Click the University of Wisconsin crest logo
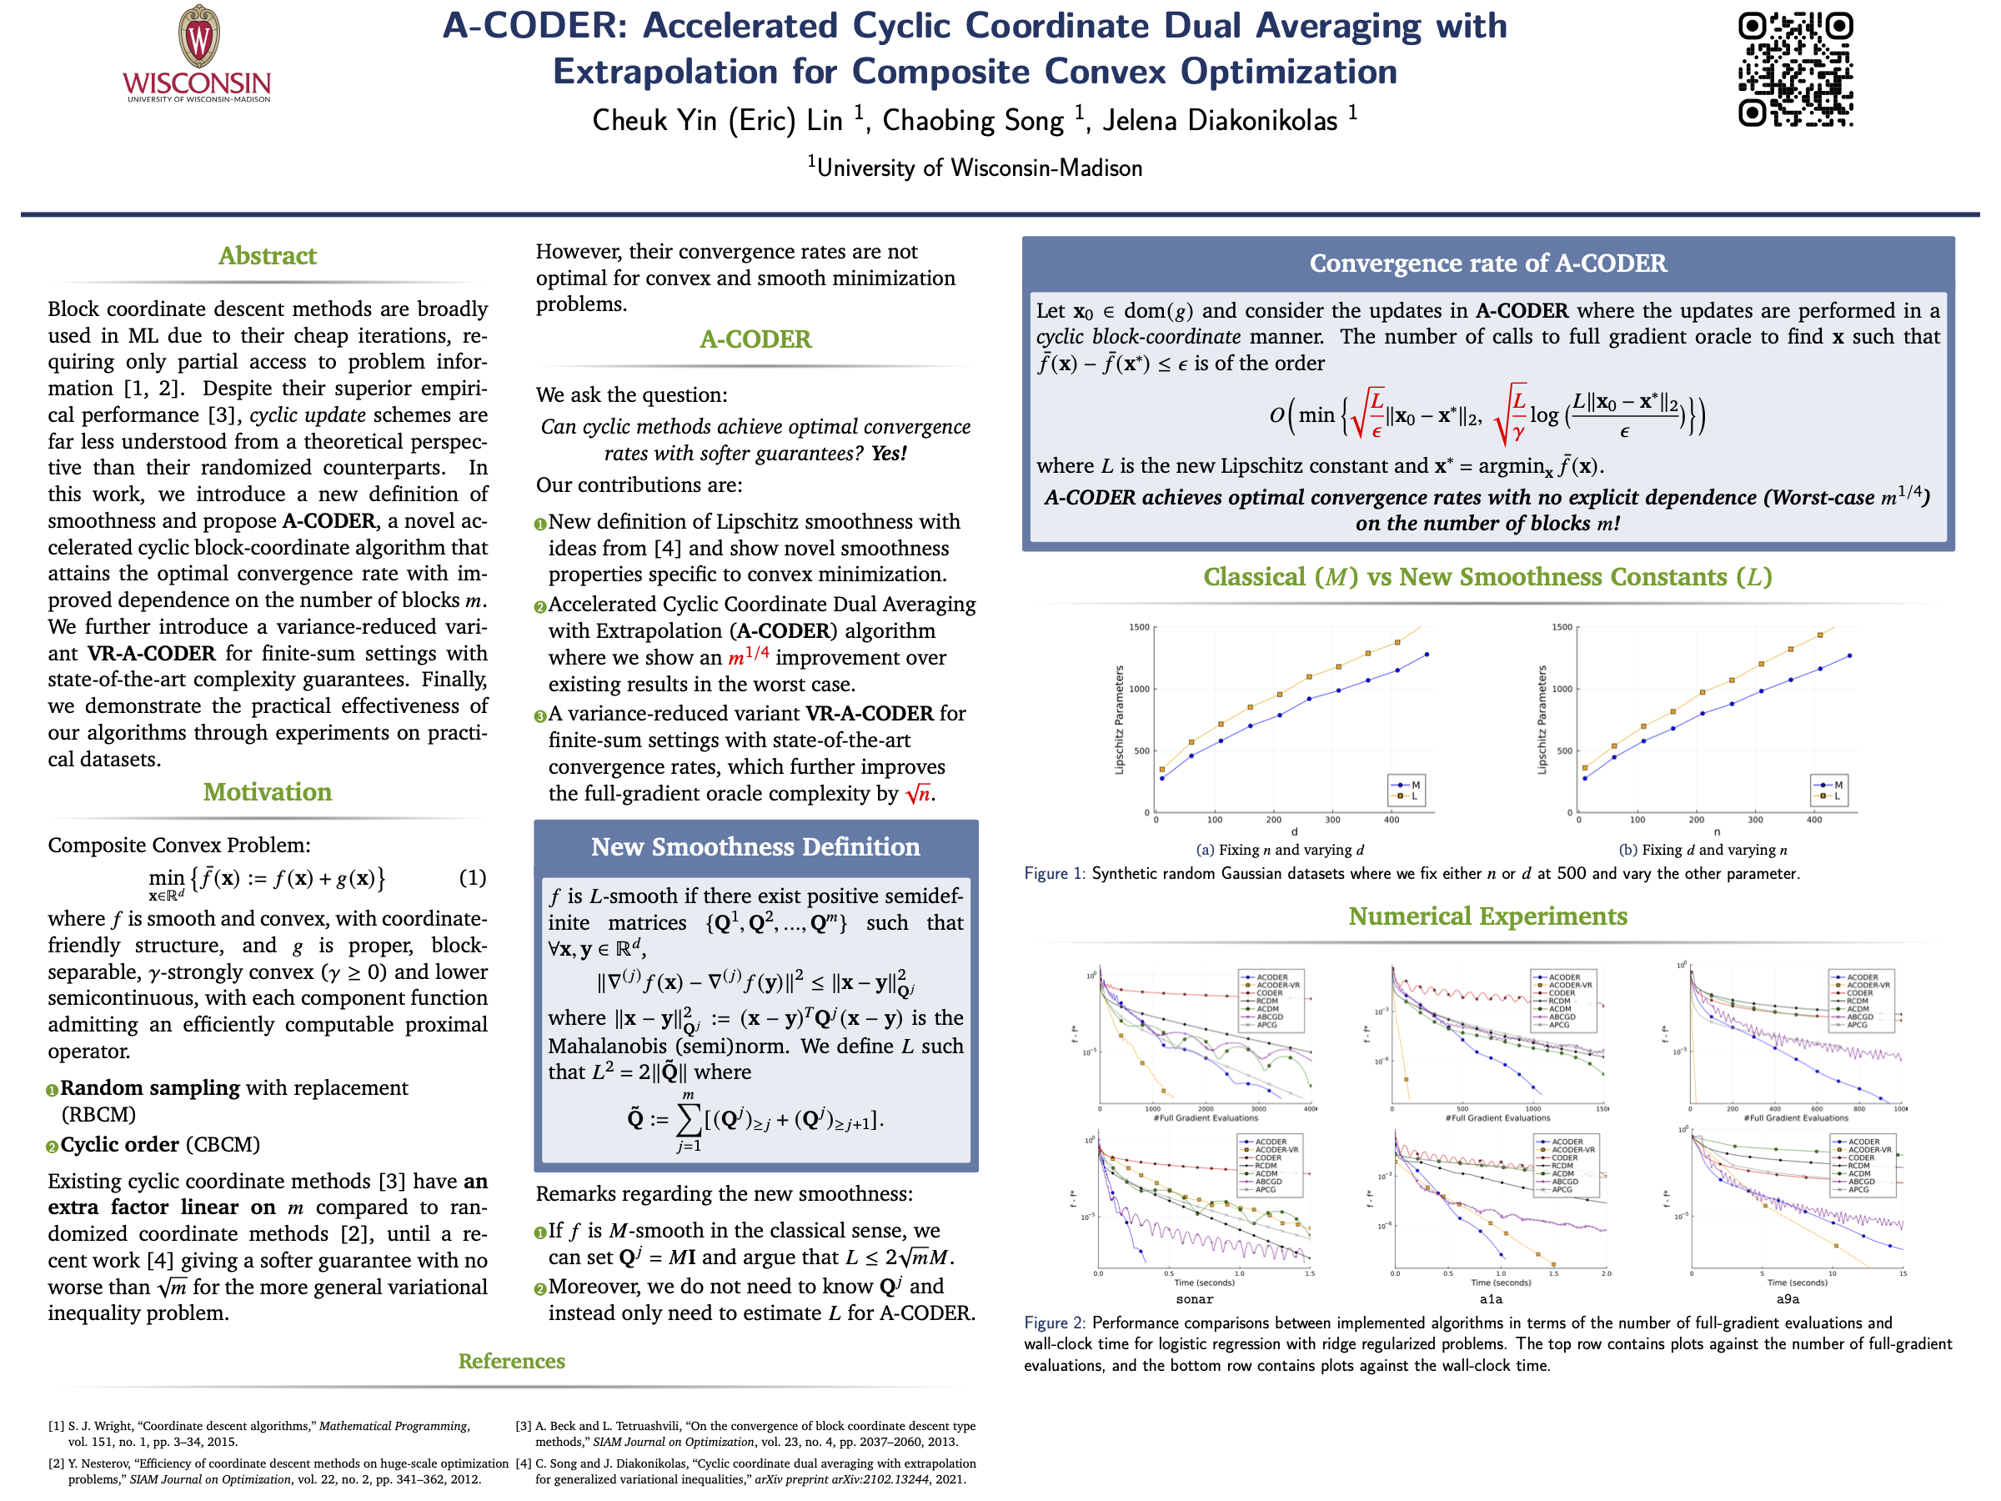(x=198, y=38)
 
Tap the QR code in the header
(x=1795, y=70)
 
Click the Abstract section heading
(x=267, y=256)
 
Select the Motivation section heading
(x=267, y=791)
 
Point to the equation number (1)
(x=472, y=877)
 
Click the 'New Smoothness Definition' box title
(x=755, y=847)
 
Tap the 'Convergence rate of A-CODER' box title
(x=1487, y=264)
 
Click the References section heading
(x=511, y=1361)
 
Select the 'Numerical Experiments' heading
(x=1487, y=916)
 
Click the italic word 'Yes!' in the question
(x=890, y=454)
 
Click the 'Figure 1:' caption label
(x=1054, y=874)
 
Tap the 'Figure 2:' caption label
(x=1054, y=1323)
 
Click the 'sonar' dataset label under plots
(x=1194, y=1299)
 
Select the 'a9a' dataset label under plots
(x=1788, y=1299)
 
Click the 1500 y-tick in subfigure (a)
(x=1138, y=627)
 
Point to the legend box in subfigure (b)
(x=1829, y=791)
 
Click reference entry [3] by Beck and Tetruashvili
(x=746, y=1434)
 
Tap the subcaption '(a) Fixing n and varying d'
(x=1279, y=850)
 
